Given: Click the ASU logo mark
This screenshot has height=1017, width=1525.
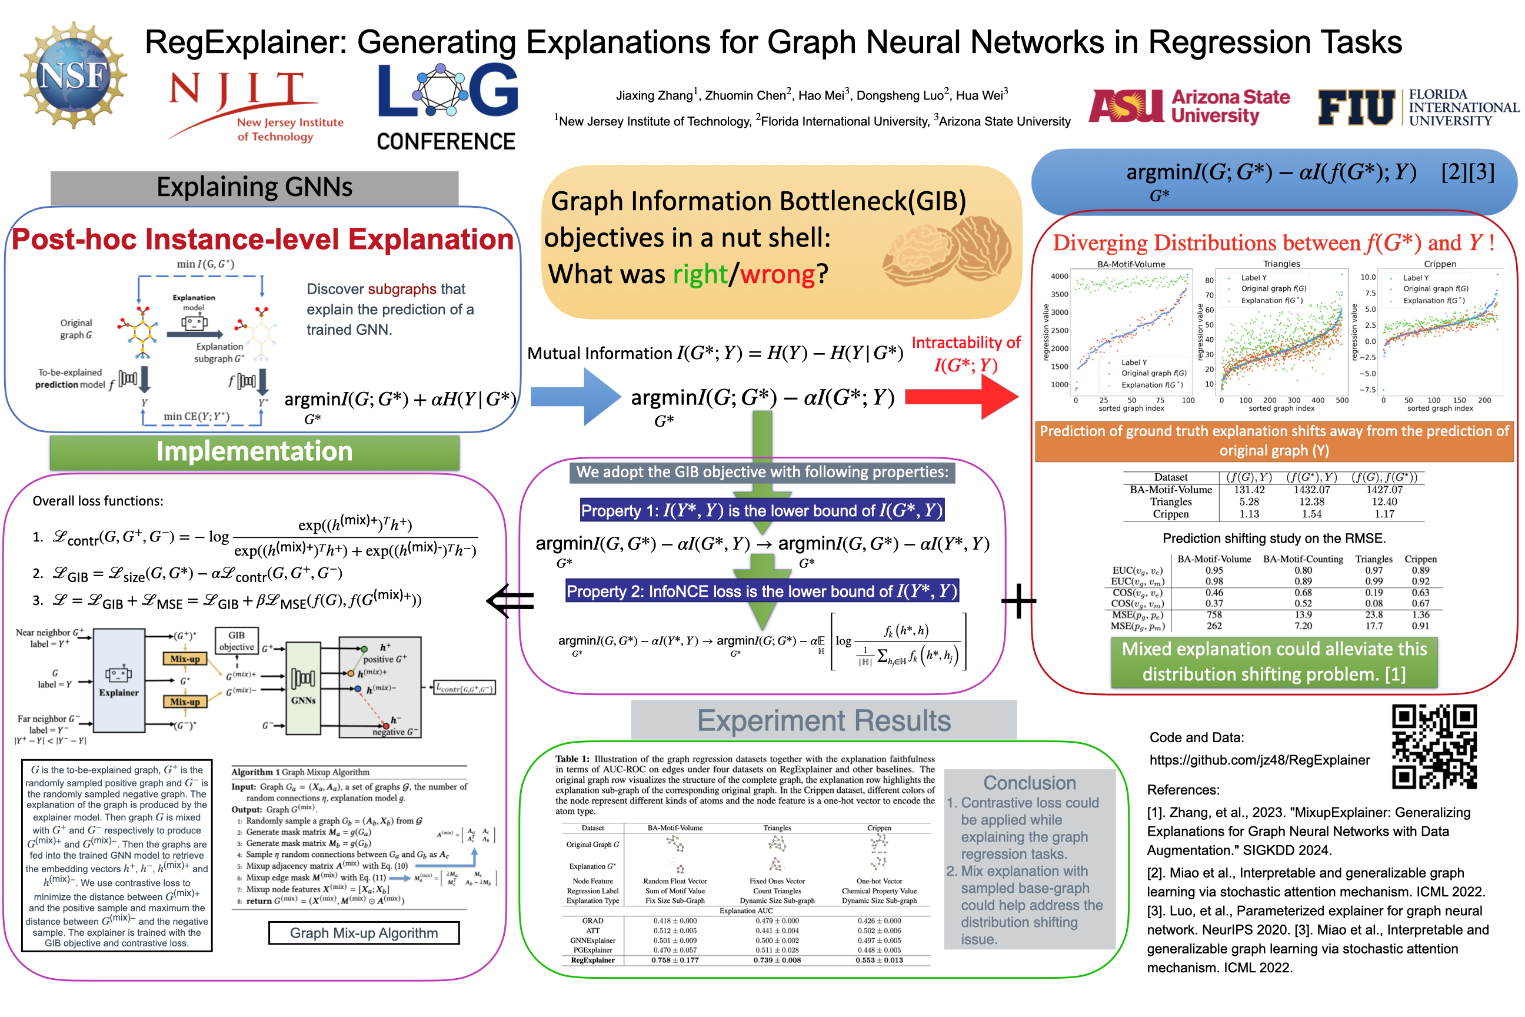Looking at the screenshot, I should (1126, 106).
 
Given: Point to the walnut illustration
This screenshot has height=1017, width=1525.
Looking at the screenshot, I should (947, 252).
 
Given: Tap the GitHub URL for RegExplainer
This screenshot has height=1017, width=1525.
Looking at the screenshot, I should (1259, 760).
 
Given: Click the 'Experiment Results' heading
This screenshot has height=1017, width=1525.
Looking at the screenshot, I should (824, 720).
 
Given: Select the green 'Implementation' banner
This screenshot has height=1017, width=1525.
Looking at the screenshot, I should (254, 452).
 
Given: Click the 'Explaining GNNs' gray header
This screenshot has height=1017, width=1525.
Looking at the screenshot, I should (254, 187).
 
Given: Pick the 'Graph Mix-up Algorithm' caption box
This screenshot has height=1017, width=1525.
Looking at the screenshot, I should (364, 933).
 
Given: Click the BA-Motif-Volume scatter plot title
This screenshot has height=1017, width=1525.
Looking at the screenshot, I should (1131, 264).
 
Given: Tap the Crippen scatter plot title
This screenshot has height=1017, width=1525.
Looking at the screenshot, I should (1440, 264).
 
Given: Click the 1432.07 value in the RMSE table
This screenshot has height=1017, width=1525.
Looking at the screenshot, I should (1311, 490).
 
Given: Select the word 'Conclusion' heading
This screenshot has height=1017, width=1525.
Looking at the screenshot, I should (1030, 783).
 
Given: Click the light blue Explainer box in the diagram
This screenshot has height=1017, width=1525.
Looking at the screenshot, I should (119, 681).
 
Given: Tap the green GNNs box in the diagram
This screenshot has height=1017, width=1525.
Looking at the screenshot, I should (303, 687).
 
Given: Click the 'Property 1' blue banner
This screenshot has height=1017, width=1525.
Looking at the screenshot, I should (762, 510).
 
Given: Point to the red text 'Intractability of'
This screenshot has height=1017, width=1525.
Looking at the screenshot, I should (965, 343).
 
